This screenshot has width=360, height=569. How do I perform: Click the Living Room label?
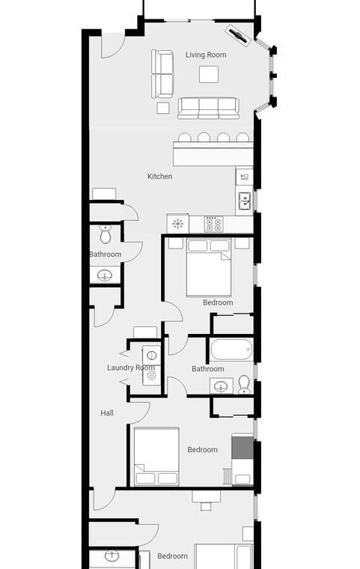coord(206,55)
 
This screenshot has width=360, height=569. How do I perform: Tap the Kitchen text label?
coord(159,177)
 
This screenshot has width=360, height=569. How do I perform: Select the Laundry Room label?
coord(131,368)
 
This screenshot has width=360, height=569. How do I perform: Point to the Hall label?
coord(107,413)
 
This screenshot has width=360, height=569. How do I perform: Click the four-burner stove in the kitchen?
coord(213,224)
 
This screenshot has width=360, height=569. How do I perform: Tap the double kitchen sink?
coord(245,201)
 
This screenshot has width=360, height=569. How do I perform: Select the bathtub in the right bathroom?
coord(231,350)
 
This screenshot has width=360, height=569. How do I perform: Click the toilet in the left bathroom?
coord(106,234)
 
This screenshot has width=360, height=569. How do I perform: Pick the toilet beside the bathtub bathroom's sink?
coord(244,385)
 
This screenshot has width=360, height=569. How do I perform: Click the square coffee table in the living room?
coord(209,74)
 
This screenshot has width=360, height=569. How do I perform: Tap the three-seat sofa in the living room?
coord(208,108)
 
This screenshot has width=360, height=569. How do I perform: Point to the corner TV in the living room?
coord(239,35)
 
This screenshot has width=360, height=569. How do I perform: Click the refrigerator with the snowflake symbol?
coord(178,224)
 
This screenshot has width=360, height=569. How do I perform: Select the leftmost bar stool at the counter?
coord(184,138)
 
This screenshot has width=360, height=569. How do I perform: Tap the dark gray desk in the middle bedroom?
coord(242,448)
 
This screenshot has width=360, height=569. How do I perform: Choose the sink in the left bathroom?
coord(105,276)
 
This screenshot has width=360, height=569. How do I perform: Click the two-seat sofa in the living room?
coord(162,74)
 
